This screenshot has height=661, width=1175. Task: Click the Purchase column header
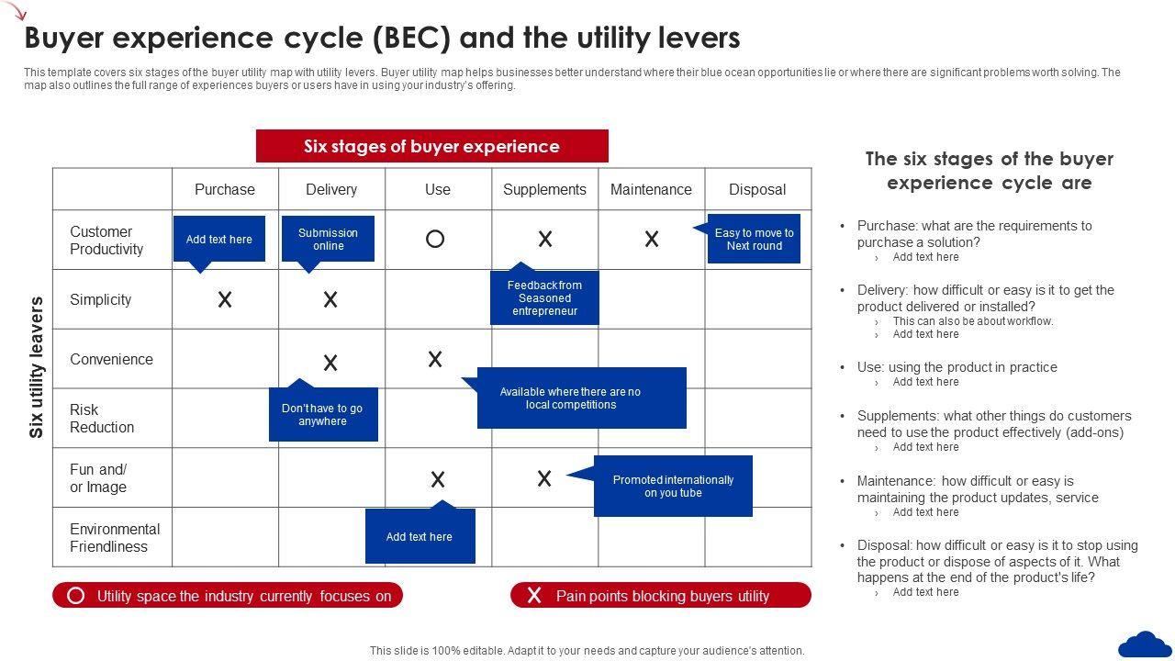225,189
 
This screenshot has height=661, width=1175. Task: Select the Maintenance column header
651,189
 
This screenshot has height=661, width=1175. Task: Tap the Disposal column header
757,189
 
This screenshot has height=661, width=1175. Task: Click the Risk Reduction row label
102,419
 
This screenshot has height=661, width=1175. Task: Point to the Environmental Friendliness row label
115,538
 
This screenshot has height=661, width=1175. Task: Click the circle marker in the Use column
435,240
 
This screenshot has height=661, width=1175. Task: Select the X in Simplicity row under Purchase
224,299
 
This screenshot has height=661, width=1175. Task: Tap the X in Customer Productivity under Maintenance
652,240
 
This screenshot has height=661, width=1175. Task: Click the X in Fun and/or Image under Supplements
544,478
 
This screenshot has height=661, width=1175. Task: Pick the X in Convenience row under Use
435,359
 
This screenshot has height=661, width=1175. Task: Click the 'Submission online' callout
328,240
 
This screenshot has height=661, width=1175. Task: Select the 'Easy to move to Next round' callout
754,240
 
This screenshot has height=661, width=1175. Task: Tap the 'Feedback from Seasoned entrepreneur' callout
544,298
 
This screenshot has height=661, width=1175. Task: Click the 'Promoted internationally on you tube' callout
673,487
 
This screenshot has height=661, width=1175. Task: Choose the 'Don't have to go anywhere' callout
322,415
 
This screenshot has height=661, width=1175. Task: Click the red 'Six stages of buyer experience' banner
431,147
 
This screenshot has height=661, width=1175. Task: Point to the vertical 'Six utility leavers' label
37,367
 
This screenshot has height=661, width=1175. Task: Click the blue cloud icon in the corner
1145,644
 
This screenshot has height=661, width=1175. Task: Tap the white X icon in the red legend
534,596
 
